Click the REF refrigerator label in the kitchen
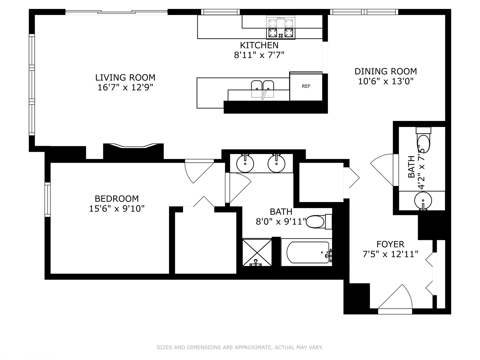pyautogui.click(x=306, y=86)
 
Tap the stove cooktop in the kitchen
pyautogui.click(x=281, y=28)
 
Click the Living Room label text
pyautogui.click(x=125, y=78)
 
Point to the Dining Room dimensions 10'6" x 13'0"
pyautogui.click(x=386, y=81)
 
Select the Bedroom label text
pyautogui.click(x=117, y=199)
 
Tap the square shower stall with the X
pyautogui.click(x=257, y=252)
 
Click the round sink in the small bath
pyautogui.click(x=423, y=201)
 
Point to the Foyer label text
pyautogui.click(x=390, y=244)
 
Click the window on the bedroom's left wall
pyautogui.click(x=48, y=199)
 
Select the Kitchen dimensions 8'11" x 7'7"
pyautogui.click(x=259, y=55)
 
